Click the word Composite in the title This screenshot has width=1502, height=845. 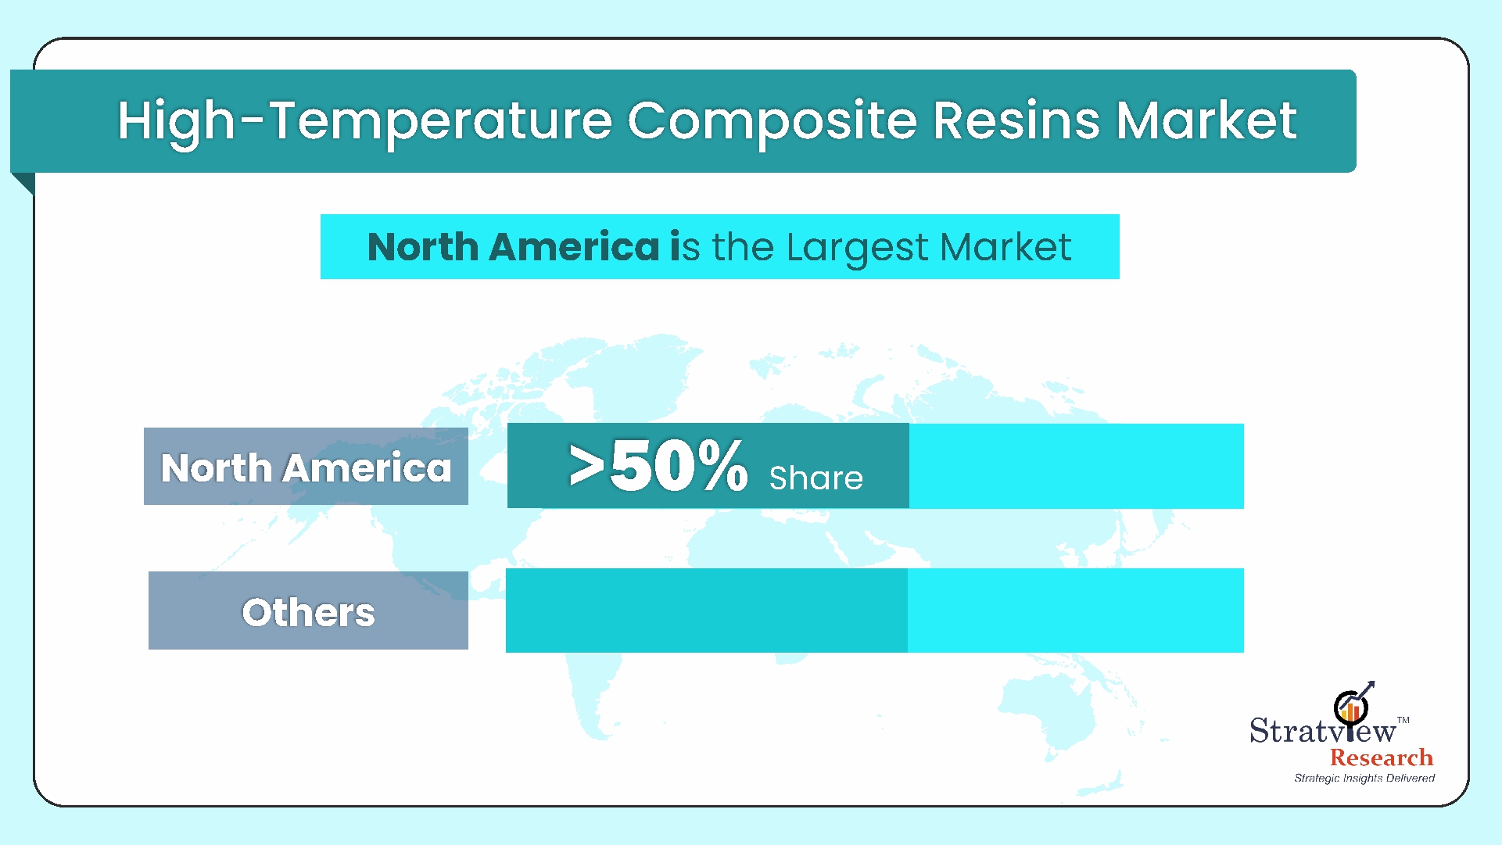(x=771, y=123)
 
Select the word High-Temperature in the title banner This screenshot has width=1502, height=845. (x=364, y=123)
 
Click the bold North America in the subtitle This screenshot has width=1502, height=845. (x=514, y=247)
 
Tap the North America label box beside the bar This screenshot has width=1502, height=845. (x=306, y=466)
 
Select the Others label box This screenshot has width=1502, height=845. (x=308, y=610)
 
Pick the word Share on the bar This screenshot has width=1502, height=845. (x=816, y=478)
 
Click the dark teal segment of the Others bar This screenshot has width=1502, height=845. (x=707, y=610)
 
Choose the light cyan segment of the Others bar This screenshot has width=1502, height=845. (x=1076, y=610)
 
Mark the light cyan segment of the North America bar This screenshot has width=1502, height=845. (x=1077, y=466)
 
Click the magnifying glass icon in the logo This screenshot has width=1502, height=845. (x=1350, y=707)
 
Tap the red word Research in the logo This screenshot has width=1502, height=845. (x=1382, y=757)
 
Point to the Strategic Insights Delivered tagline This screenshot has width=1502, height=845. (x=1364, y=778)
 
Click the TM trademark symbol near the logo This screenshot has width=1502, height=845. (x=1403, y=720)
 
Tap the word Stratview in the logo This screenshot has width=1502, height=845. (x=1322, y=730)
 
